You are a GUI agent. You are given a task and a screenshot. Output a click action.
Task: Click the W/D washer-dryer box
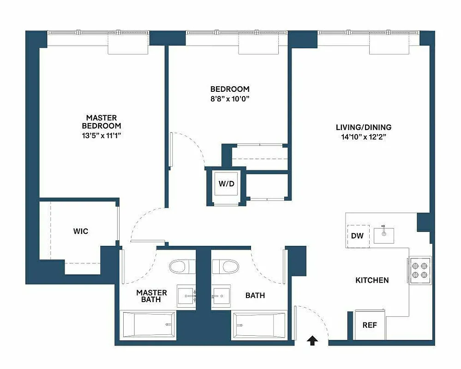[226, 184]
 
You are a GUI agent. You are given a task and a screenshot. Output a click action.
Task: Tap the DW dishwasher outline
[357, 236]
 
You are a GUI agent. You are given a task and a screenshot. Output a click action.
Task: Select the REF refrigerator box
[370, 325]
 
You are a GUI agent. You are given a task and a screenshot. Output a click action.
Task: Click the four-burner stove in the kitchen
[420, 270]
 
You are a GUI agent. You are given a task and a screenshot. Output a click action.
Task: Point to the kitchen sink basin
[384, 235]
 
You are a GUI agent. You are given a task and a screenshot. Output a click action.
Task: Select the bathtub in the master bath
[148, 325]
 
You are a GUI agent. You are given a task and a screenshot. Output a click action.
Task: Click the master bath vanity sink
[187, 297]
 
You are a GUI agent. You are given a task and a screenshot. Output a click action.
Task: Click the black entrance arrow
[312, 340]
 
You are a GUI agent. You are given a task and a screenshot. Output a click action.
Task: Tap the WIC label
[80, 231]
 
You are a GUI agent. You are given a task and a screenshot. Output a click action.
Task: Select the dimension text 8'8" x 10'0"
[229, 98]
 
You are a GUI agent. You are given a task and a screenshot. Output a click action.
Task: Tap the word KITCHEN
[372, 280]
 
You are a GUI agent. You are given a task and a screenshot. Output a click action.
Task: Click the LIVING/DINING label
[364, 127]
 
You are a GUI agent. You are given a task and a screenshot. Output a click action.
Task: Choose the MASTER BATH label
[151, 296]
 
